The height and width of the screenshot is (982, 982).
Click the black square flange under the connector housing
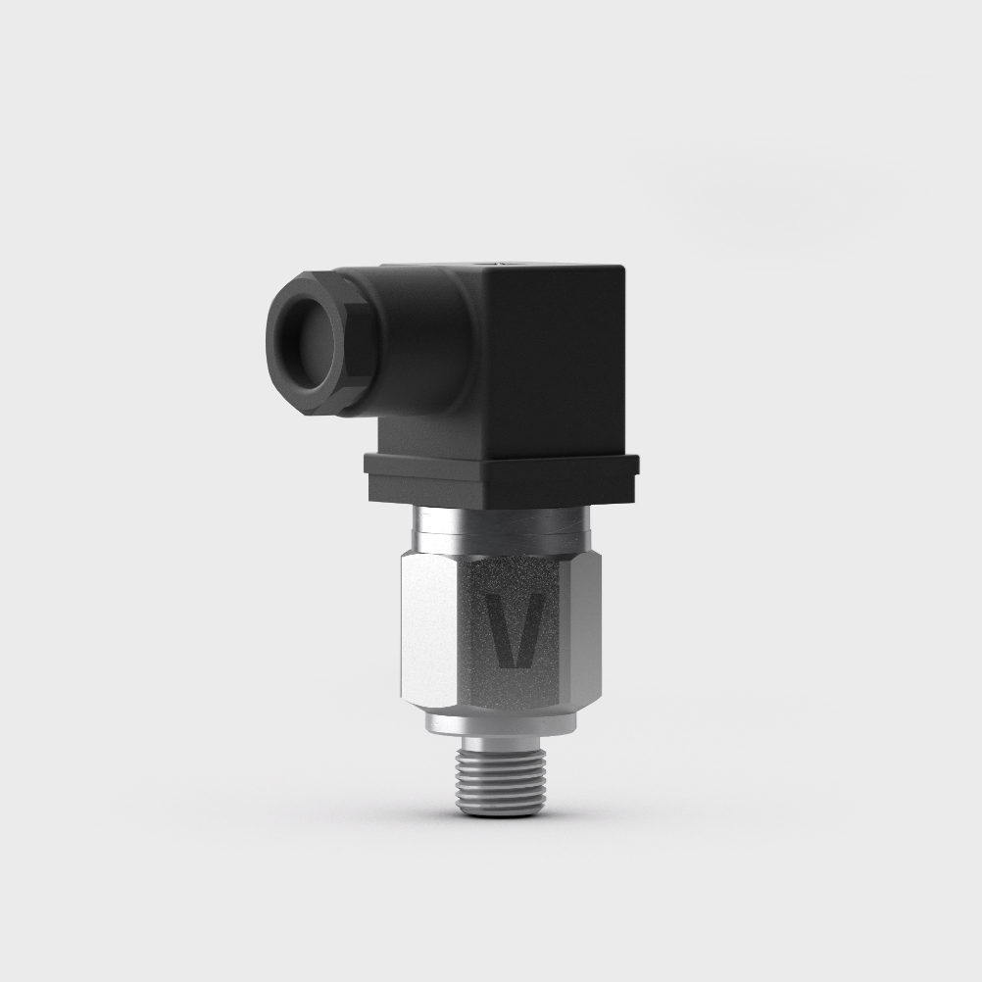point(500,480)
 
